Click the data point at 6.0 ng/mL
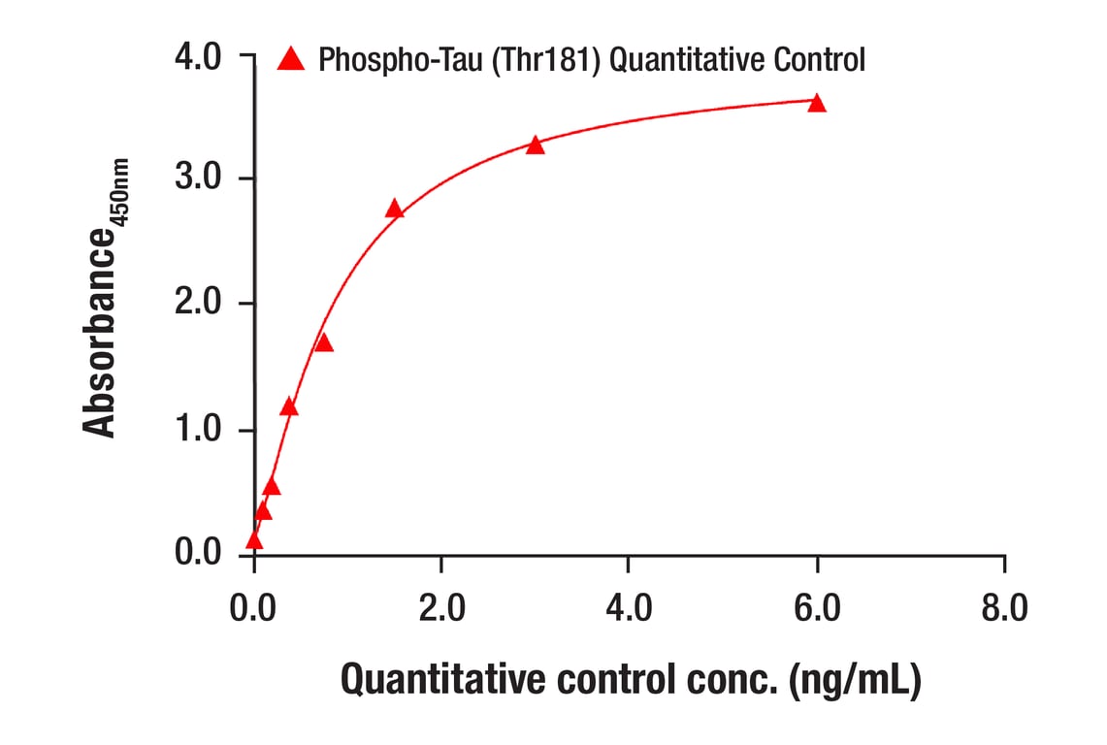(817, 104)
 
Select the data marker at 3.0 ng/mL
(535, 146)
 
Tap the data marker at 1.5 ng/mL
(394, 210)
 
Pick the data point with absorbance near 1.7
(324, 343)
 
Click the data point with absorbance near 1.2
(289, 407)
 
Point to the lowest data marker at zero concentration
(254, 540)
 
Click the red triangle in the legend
(291, 60)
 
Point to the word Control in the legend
(819, 61)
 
